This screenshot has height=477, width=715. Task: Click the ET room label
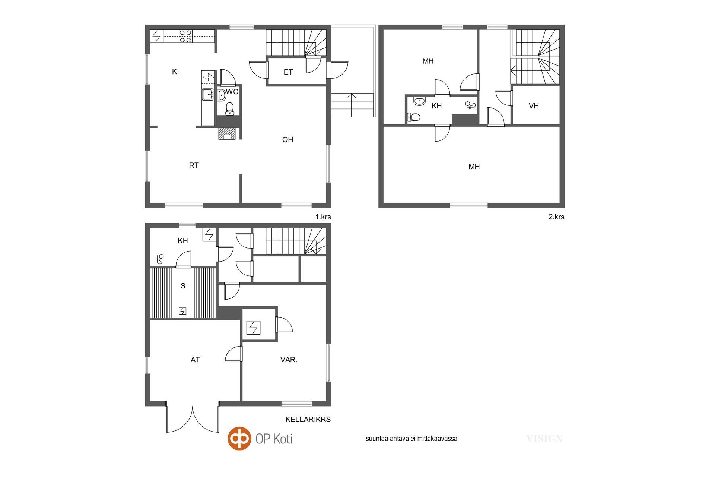(288, 72)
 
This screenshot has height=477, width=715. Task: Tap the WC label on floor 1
(232, 92)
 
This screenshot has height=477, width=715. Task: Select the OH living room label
(287, 140)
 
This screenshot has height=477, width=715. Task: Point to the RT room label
(194, 165)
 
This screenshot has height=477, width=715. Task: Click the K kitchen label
(174, 72)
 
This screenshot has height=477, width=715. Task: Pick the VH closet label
(534, 106)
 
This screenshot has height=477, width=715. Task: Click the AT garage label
(195, 360)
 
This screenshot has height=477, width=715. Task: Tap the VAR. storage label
(289, 360)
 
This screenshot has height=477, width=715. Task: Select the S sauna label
(183, 286)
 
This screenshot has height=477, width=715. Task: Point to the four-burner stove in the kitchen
(185, 36)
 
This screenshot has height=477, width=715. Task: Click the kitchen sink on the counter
(207, 95)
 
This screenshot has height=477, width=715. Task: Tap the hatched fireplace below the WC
(227, 134)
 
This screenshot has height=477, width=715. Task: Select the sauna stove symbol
(182, 311)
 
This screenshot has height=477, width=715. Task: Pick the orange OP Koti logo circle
(239, 438)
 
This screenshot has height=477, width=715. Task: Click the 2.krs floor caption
(556, 217)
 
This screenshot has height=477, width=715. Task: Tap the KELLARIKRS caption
(308, 419)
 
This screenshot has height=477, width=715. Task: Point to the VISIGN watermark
(544, 439)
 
